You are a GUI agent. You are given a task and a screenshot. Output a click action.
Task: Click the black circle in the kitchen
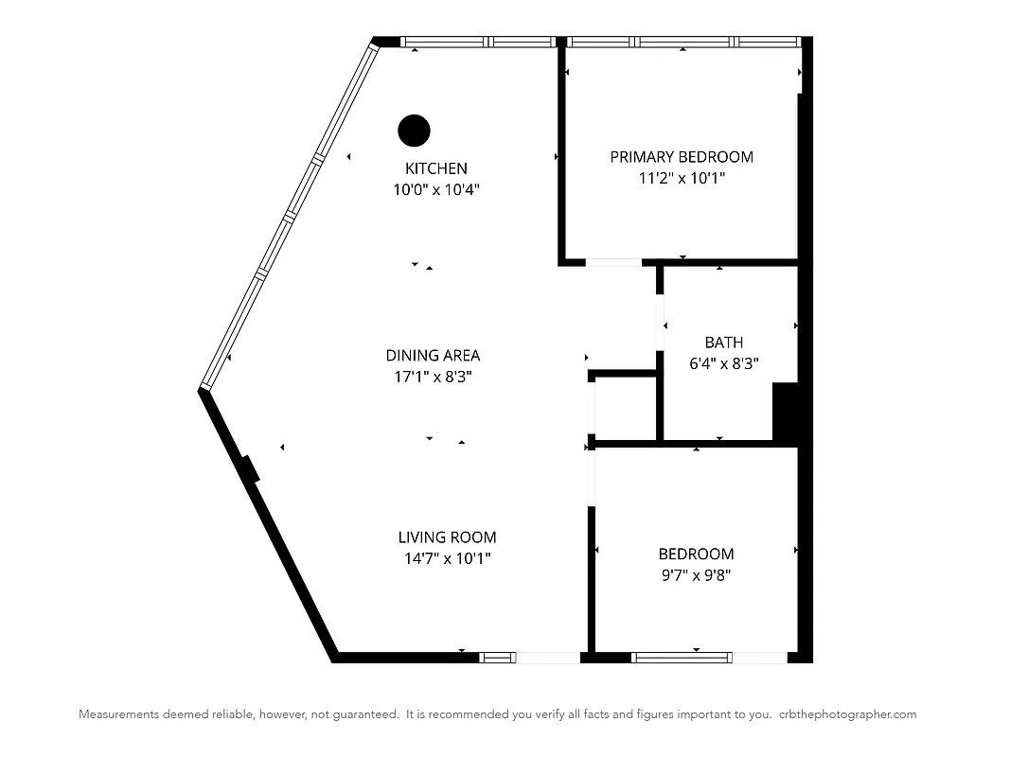(x=414, y=131)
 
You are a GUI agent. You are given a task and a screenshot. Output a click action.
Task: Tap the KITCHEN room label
(x=436, y=168)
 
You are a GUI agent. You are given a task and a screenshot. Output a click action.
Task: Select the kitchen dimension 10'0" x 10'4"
(x=436, y=189)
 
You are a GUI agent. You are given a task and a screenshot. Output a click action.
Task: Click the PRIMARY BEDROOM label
(x=682, y=157)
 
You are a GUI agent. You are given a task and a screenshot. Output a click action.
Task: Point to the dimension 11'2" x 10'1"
(x=682, y=178)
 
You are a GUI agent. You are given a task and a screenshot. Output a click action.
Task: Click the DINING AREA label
(x=433, y=356)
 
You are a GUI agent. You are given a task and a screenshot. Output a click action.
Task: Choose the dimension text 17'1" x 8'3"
(x=433, y=377)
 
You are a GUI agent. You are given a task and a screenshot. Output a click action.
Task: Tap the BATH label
(x=724, y=343)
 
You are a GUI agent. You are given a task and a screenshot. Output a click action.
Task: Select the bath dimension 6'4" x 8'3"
(x=724, y=362)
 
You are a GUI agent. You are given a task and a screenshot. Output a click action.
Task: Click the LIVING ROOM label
(x=447, y=537)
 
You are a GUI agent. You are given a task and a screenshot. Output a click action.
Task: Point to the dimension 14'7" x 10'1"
(x=447, y=558)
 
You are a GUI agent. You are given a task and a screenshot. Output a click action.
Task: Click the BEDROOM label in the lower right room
(x=696, y=554)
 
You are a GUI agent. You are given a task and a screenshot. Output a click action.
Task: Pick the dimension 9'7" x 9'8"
(x=696, y=574)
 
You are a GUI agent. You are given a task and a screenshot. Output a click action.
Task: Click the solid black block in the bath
(x=787, y=412)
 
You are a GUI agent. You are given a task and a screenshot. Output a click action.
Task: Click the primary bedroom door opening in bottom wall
(x=613, y=262)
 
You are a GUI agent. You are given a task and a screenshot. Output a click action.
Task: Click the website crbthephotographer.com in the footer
(x=848, y=714)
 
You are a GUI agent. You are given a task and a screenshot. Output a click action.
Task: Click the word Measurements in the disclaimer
(x=117, y=714)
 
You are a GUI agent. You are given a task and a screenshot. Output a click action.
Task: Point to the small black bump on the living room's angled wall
(x=251, y=469)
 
